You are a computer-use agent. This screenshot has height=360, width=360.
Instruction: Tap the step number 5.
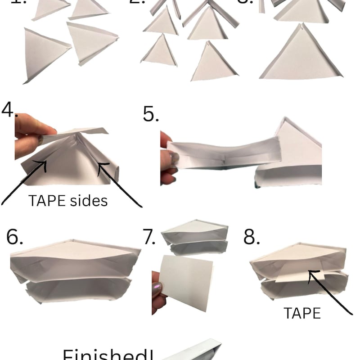151,114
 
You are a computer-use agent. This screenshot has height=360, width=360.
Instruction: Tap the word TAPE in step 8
302,313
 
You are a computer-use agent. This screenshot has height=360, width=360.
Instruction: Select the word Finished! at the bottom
108,353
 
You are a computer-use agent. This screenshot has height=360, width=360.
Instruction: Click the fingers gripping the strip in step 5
167,157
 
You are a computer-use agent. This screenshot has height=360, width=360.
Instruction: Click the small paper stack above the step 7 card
194,237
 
